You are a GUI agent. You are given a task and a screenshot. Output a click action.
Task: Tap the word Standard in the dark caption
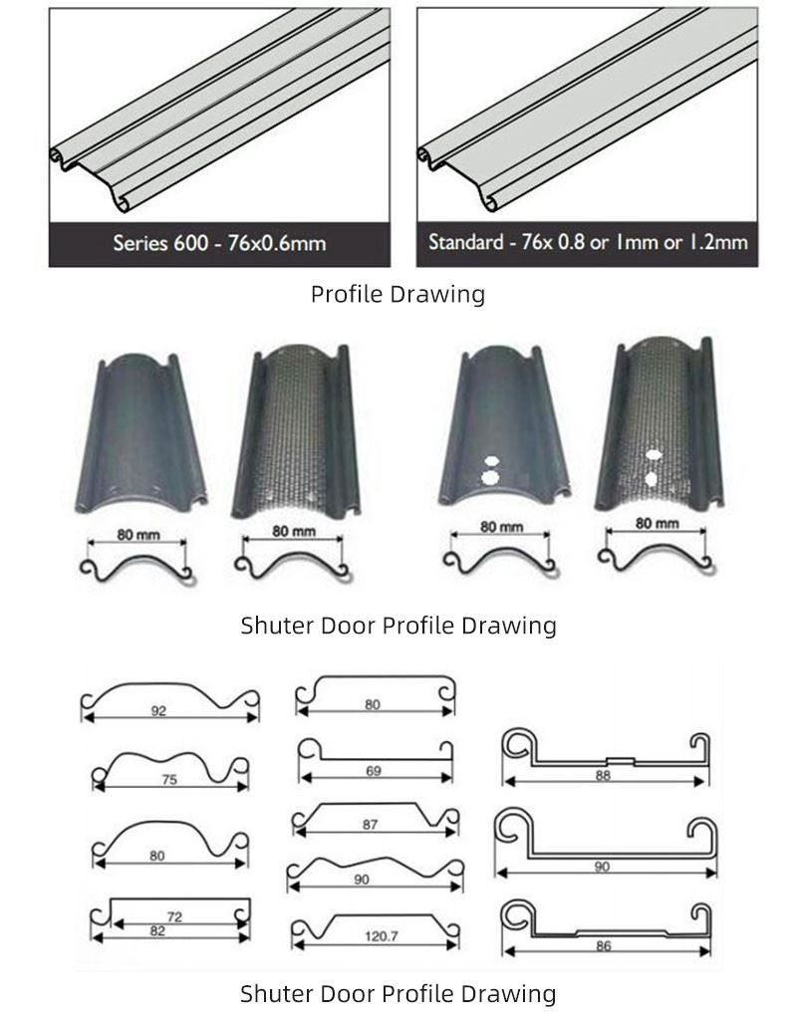pyautogui.click(x=466, y=242)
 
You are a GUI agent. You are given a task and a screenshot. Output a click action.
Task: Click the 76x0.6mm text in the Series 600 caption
pyautogui.click(x=277, y=243)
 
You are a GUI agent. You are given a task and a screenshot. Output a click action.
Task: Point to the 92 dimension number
pyautogui.click(x=158, y=710)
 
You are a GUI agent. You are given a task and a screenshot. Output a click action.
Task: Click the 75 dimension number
pyautogui.click(x=169, y=779)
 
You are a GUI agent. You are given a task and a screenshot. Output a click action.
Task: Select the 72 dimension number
pyautogui.click(x=174, y=916)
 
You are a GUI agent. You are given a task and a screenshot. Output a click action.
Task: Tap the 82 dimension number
pyautogui.click(x=157, y=930)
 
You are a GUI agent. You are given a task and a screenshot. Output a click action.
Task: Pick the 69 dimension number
pyautogui.click(x=373, y=771)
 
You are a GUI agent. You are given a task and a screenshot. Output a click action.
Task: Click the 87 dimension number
pyautogui.click(x=371, y=825)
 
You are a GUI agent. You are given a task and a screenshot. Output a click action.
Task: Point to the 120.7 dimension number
pyautogui.click(x=382, y=936)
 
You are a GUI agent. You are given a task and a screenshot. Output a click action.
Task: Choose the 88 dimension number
pyautogui.click(x=603, y=775)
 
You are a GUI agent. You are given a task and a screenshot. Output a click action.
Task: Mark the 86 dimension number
pyautogui.click(x=604, y=945)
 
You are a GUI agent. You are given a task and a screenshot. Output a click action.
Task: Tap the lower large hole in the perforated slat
pyautogui.click(x=651, y=479)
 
